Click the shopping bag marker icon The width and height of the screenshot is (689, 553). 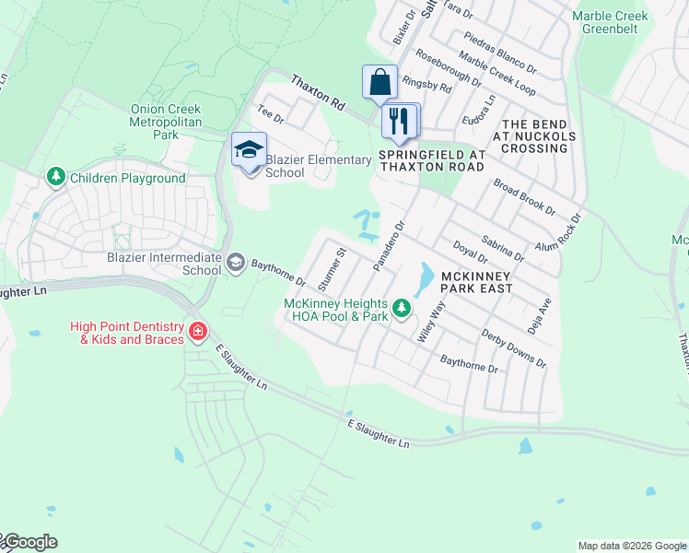pos(380,83)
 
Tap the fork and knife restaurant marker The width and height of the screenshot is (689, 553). pos(400,121)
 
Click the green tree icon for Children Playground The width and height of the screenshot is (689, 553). pos(56,177)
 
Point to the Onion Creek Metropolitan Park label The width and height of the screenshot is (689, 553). pos(166,122)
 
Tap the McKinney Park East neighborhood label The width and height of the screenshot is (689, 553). pos(480,282)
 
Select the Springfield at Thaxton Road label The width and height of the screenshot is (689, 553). pos(432,160)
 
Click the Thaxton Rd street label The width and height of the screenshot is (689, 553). pos(318,94)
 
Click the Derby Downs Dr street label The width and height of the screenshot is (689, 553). pos(514,347)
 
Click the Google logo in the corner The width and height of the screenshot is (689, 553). pos(29,542)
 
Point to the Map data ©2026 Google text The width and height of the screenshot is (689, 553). pos(632,546)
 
